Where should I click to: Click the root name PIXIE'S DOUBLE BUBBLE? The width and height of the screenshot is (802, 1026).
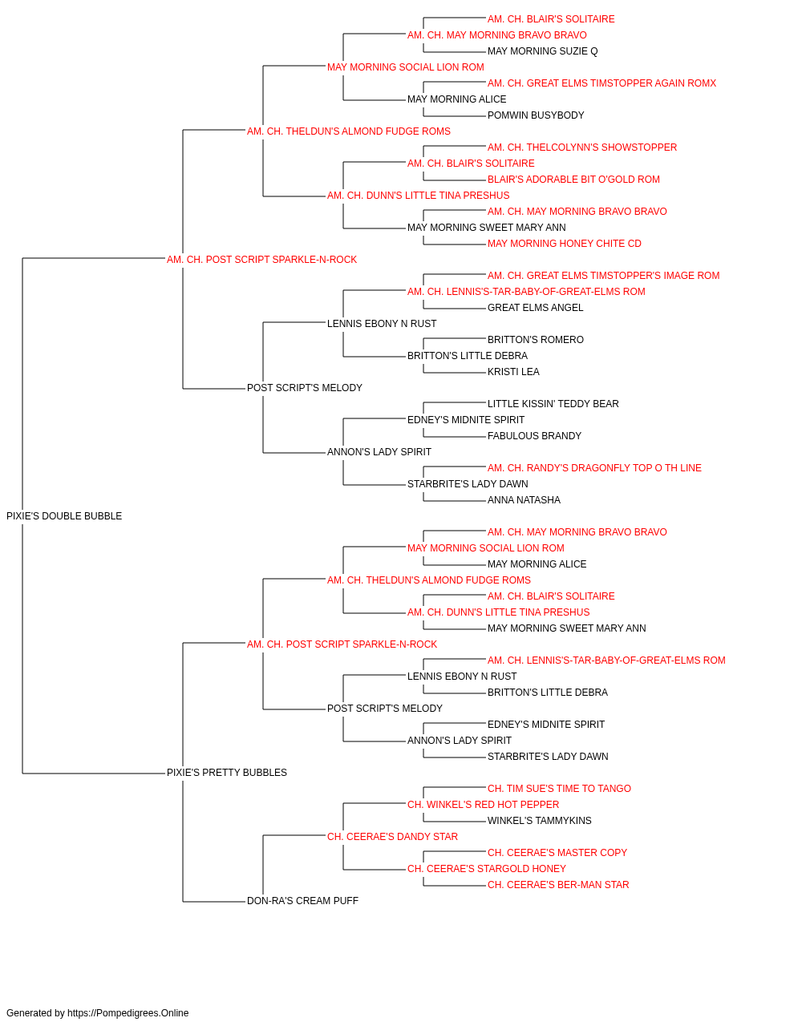pos(64,516)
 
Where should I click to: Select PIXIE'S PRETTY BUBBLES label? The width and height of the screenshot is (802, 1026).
pos(227,773)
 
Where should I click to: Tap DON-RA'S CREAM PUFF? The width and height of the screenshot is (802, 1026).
pos(302,901)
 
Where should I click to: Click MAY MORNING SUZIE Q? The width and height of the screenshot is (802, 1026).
pos(542,51)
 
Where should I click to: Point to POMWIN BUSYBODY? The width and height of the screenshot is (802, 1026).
pos(536,115)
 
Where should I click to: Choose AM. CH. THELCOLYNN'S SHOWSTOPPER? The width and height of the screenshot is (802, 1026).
pos(582,147)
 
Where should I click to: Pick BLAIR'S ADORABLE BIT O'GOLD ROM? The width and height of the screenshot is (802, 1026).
pos(573,180)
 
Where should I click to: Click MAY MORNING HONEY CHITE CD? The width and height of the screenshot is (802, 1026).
pos(565,244)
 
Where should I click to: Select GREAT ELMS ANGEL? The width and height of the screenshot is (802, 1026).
pos(535,308)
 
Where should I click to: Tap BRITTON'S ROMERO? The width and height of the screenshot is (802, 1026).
pos(536,340)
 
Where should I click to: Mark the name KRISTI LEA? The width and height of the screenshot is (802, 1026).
pos(513,372)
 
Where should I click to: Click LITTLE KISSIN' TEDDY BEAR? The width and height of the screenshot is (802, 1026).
pos(553,404)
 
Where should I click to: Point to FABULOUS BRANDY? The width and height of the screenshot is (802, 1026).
pos(534,436)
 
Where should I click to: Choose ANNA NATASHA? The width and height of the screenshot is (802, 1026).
pos(524,500)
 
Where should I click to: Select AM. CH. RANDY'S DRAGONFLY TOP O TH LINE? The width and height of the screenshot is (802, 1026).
pos(594,468)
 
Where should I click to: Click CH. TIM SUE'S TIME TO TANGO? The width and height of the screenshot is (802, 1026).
pos(559,789)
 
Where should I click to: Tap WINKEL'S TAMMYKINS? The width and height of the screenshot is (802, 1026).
pos(540,821)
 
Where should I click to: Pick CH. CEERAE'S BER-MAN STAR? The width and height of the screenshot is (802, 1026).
pos(558,885)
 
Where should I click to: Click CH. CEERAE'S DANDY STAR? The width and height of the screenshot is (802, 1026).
pos(392,837)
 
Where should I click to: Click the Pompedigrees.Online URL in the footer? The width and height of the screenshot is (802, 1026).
pos(128,1013)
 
